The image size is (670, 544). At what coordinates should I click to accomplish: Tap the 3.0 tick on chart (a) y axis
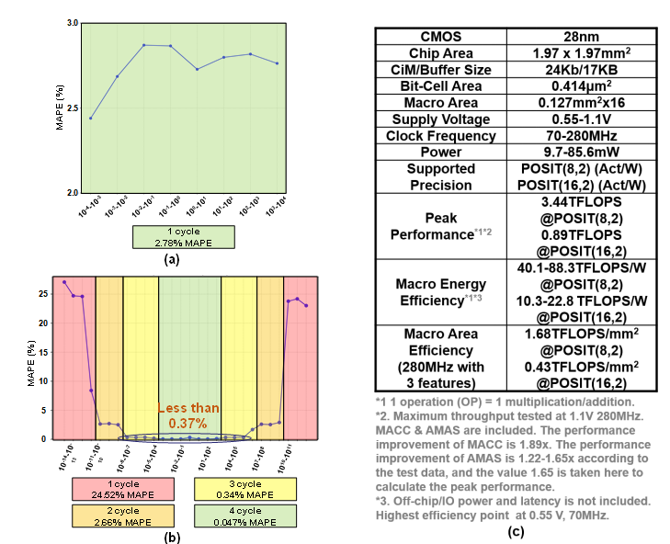coord(73,22)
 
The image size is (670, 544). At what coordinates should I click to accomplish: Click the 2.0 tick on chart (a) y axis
coord(73,193)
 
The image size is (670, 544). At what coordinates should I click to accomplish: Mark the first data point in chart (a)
coord(90,118)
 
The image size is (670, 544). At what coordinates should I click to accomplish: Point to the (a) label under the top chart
coord(170,260)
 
